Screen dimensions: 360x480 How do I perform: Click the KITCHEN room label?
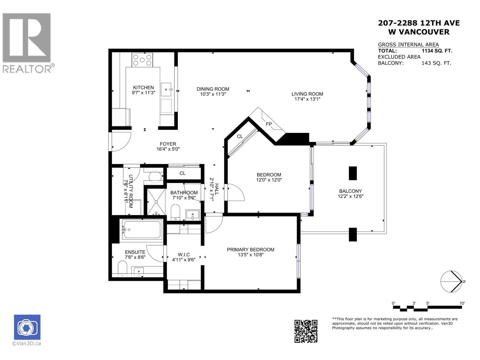(x=143, y=87)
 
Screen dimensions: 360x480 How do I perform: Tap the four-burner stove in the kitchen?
(x=142, y=60)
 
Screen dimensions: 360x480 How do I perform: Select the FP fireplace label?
(x=268, y=124)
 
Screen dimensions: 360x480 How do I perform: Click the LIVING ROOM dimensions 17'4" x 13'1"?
(x=307, y=99)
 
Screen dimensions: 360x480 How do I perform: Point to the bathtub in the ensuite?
(x=141, y=230)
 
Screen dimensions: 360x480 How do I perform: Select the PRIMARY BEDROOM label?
(x=250, y=249)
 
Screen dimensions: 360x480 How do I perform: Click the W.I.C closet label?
(x=184, y=254)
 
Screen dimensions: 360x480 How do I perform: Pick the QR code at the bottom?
(x=306, y=331)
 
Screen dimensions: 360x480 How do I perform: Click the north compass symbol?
(x=451, y=281)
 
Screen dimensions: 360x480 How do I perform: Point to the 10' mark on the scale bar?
(x=462, y=304)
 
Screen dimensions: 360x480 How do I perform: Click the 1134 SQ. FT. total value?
(x=437, y=51)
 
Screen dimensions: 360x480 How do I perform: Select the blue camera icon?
(x=27, y=327)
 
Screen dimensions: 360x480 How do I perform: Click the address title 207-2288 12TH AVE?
(x=419, y=23)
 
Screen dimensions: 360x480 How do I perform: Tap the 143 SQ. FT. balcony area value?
(x=436, y=63)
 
